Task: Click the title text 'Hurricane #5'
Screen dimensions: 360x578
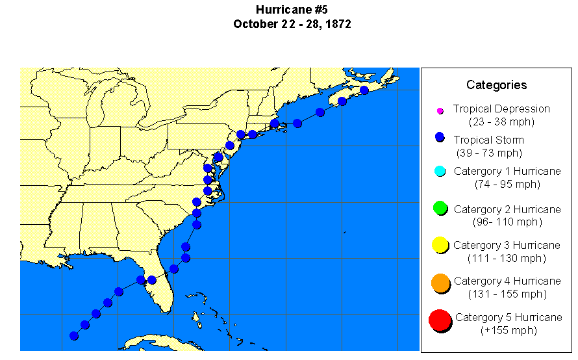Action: [x=292, y=10]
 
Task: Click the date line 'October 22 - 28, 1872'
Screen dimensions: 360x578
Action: [x=292, y=24]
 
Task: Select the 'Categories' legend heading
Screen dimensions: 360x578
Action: [x=496, y=85]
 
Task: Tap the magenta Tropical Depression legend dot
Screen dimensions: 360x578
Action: [x=440, y=110]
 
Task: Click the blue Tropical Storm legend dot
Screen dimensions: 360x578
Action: [x=440, y=137]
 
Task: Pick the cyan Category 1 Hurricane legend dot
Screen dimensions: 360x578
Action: [x=440, y=171]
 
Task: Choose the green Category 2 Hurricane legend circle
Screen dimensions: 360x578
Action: [x=440, y=209]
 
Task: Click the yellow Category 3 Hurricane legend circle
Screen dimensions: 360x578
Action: [x=440, y=245]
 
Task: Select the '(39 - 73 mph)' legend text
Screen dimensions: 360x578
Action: [x=497, y=153]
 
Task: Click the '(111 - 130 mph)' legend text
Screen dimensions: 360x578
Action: [x=507, y=258]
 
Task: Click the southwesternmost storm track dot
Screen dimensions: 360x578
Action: [x=74, y=336]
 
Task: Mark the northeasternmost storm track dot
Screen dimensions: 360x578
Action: [x=364, y=90]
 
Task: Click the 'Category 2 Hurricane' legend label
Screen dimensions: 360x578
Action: [x=507, y=209]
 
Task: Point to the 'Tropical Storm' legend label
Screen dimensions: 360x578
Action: [x=488, y=140]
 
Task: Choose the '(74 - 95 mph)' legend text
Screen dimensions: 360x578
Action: [x=507, y=184]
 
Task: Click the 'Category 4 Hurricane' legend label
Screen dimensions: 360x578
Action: [x=507, y=281]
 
